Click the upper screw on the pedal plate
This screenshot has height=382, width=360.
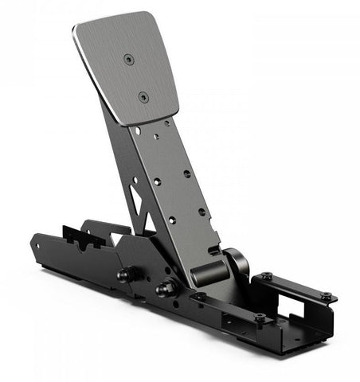point(128,58)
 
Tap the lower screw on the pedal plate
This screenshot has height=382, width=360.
point(143,97)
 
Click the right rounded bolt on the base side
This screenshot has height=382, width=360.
point(167,288)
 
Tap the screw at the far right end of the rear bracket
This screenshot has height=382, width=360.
point(326,296)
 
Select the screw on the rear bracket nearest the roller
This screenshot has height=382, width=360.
point(267,276)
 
